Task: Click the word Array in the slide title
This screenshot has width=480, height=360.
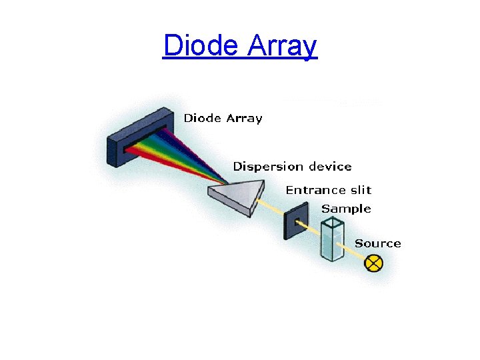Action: click(282, 46)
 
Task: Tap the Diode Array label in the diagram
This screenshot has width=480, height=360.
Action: click(223, 118)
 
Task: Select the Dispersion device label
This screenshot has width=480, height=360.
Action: click(292, 166)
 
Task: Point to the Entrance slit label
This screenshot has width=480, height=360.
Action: click(328, 190)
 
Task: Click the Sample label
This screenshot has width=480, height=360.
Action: click(346, 209)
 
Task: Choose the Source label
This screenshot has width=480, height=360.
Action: click(377, 243)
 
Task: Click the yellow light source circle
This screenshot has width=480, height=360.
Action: click(374, 263)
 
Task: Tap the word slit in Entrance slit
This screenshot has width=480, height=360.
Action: click(358, 190)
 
